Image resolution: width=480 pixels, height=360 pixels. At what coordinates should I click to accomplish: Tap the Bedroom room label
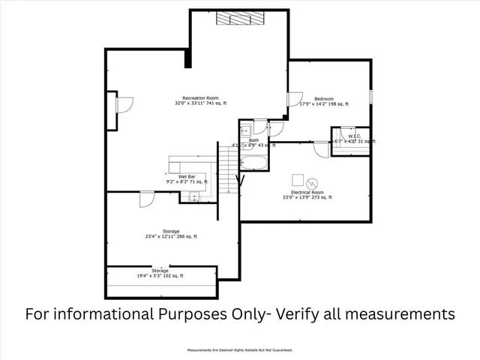323,99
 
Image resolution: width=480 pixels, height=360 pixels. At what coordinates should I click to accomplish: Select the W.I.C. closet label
355,136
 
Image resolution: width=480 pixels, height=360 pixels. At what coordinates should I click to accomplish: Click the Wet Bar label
176,176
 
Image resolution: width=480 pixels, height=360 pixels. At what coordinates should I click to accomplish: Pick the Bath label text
254,140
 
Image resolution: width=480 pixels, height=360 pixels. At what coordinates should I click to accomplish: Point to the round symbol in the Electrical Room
313,181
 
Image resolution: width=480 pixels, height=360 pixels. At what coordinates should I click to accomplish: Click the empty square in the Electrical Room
298,180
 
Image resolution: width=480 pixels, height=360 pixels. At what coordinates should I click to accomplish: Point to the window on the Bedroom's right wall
371,101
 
